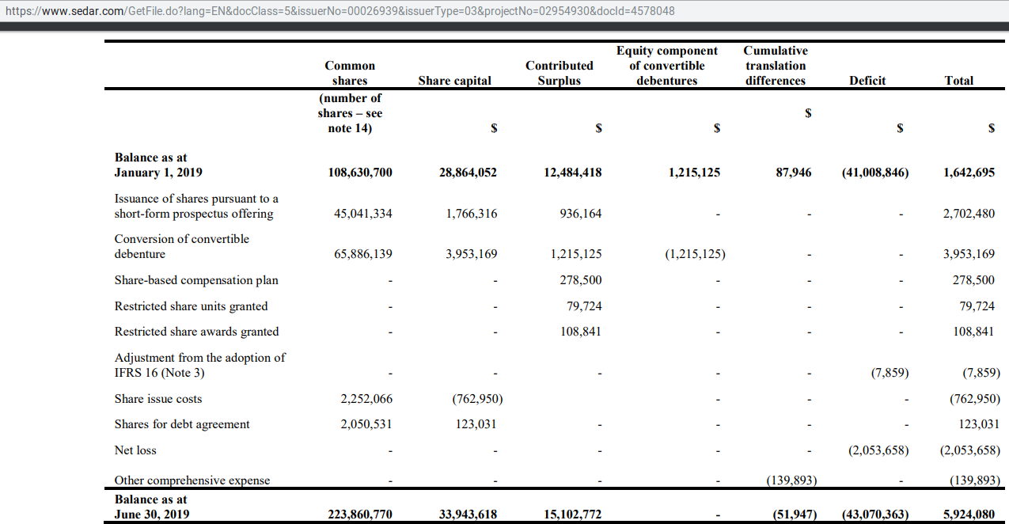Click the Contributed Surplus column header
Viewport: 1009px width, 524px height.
pyautogui.click(x=559, y=73)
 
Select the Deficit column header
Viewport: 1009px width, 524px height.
pyautogui.click(x=867, y=81)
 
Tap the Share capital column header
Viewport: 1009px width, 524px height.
pyautogui.click(x=454, y=81)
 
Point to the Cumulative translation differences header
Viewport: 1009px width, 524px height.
pyautogui.click(x=775, y=66)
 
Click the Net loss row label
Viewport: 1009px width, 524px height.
pyautogui.click(x=135, y=450)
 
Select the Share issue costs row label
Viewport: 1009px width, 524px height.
pyautogui.click(x=158, y=399)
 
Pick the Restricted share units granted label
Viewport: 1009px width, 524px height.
pyautogui.click(x=191, y=306)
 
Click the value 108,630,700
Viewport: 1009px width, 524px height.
pyautogui.click(x=360, y=173)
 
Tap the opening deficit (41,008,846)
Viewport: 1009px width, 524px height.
pyautogui.click(x=874, y=173)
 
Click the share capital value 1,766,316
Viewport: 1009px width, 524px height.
pyautogui.click(x=468, y=214)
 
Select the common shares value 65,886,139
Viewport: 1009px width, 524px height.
pyautogui.click(x=360, y=254)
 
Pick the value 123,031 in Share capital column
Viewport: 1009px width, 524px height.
pyautogui.click(x=476, y=424)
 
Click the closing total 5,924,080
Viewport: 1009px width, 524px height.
pyautogui.click(x=969, y=515)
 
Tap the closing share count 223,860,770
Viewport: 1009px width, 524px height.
pyautogui.click(x=360, y=515)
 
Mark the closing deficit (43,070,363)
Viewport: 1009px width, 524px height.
pyautogui.click(x=874, y=515)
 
